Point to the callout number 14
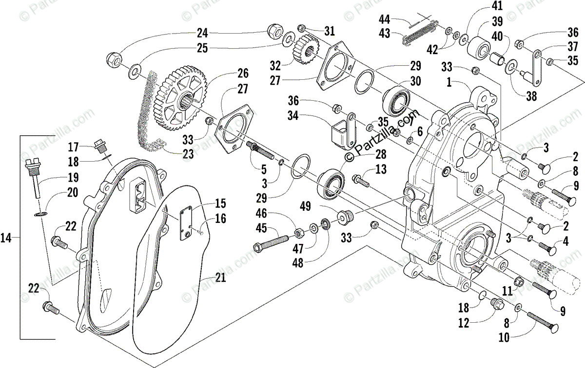click(6, 238)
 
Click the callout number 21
click(221, 277)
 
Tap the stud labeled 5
click(260, 150)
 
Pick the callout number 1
click(449, 82)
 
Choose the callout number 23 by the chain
click(188, 154)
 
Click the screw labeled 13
click(361, 181)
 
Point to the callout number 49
click(305, 206)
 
